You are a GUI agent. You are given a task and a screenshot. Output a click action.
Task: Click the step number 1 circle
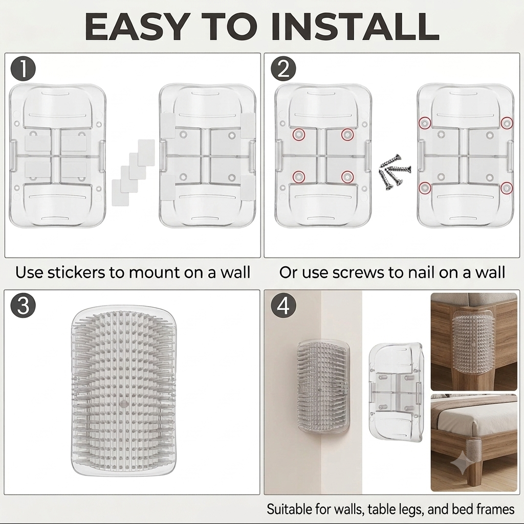(23, 69)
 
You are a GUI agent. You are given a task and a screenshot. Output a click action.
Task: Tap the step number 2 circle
(283, 69)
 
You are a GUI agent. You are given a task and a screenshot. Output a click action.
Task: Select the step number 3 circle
(23, 305)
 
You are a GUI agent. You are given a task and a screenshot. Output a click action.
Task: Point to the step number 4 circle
(283, 305)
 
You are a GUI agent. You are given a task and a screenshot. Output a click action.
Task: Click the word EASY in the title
(136, 27)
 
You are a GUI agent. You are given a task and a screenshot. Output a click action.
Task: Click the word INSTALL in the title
(355, 27)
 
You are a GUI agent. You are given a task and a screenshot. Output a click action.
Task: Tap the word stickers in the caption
(76, 272)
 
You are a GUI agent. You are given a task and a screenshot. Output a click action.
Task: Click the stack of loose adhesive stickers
(133, 173)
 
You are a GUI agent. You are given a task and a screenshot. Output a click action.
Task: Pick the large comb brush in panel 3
(124, 391)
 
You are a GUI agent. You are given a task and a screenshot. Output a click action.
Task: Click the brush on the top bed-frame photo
(474, 343)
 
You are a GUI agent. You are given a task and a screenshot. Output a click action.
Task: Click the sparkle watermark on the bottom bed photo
(463, 462)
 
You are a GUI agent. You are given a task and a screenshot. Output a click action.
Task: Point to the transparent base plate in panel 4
(396, 392)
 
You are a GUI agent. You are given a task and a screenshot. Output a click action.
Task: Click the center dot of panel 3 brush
(124, 403)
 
